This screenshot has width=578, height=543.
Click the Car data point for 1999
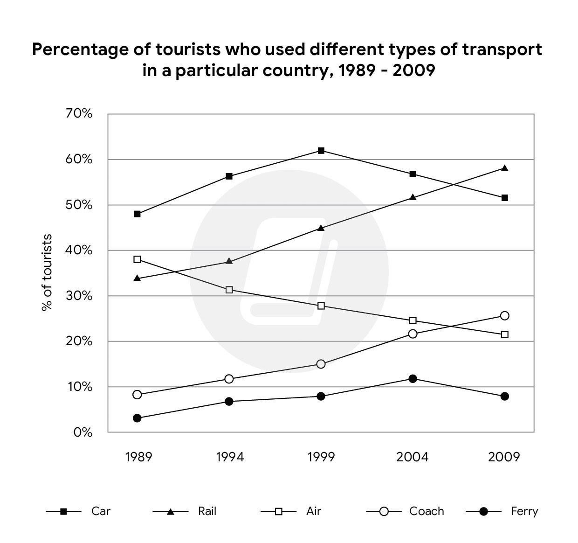click(x=321, y=151)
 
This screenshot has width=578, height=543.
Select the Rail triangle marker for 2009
click(x=504, y=168)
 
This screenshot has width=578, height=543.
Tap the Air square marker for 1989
click(x=137, y=259)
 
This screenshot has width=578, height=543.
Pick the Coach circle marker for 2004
click(x=413, y=334)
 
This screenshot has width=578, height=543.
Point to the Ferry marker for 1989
click(x=137, y=418)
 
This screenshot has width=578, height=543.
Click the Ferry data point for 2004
click(x=413, y=379)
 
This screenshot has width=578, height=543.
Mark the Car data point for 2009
click(x=504, y=198)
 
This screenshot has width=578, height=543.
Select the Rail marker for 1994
click(x=229, y=261)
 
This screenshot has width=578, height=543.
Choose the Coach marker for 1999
click(x=321, y=364)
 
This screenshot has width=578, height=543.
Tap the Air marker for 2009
click(x=504, y=334)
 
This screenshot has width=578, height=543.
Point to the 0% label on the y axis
click(x=83, y=432)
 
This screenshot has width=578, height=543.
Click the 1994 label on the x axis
click(x=230, y=457)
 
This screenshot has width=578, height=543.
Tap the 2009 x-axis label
click(x=504, y=457)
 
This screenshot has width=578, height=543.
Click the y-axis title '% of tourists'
click(x=47, y=273)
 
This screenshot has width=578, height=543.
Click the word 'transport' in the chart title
click(x=502, y=49)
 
